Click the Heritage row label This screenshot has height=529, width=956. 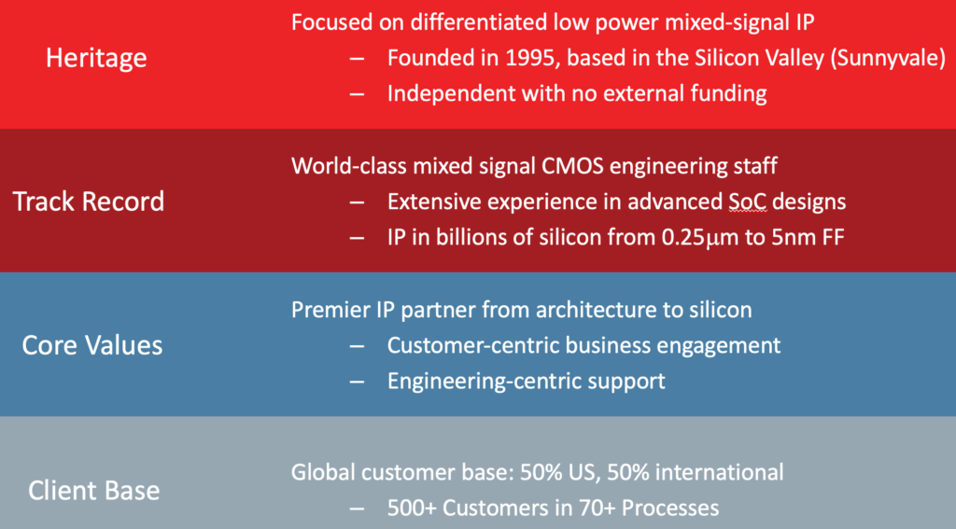[96, 59]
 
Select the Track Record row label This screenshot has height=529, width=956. [89, 202]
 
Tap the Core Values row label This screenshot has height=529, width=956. [92, 345]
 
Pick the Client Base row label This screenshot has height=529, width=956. [94, 491]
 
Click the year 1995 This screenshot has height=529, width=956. [530, 58]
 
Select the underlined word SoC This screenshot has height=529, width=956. [748, 202]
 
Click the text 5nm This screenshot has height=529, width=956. [794, 237]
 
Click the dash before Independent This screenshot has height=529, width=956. [358, 94]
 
